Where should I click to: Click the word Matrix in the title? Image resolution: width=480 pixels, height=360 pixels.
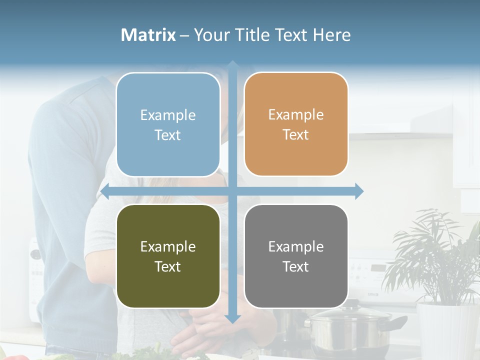tap(148, 35)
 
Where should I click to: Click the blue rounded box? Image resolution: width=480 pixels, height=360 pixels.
tap(168, 124)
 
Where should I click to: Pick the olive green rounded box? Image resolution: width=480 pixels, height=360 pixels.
tap(168, 256)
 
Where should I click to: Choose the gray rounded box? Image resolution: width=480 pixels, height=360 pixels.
tap(296, 256)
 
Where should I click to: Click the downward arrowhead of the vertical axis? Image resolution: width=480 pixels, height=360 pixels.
tap(232, 318)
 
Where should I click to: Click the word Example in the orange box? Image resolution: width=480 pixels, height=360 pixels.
tap(296, 114)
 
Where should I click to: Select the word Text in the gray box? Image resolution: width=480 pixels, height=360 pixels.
tap(296, 266)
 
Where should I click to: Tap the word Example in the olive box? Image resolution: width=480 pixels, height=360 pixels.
tap(168, 246)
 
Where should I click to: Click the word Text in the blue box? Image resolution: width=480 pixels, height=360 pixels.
tap(168, 135)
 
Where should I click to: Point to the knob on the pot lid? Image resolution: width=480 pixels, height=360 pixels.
tap(353, 303)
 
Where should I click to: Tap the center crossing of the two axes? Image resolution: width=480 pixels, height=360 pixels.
tap(232, 191)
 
